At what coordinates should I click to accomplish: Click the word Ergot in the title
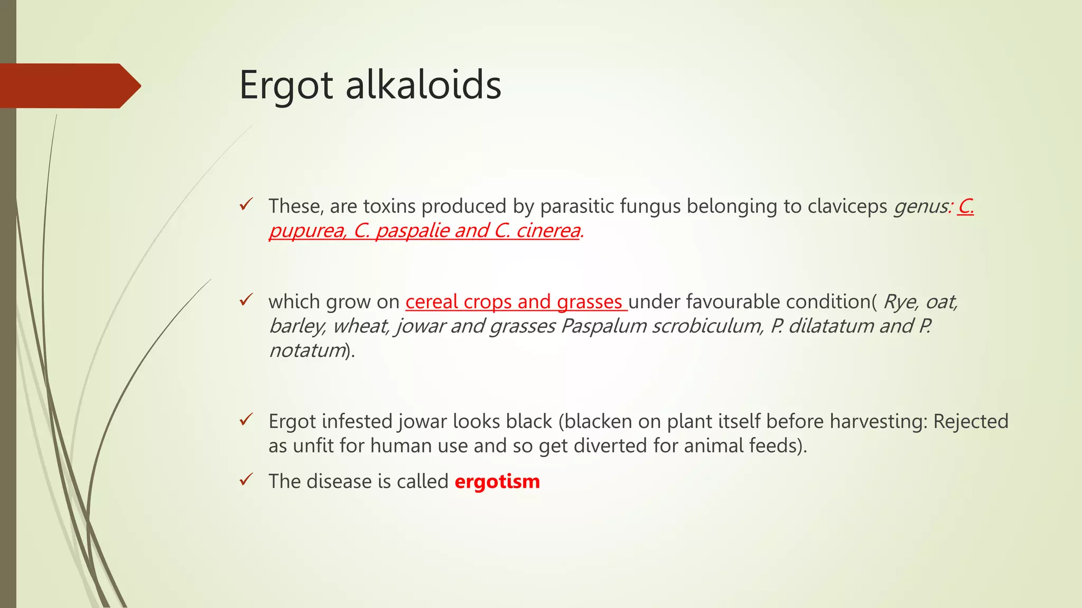click(x=286, y=85)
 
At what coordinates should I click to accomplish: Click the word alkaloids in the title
click(x=423, y=85)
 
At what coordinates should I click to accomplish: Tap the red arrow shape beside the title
click(x=69, y=86)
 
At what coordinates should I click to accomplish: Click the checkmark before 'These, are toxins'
click(x=246, y=204)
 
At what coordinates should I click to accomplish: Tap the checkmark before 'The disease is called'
click(x=246, y=480)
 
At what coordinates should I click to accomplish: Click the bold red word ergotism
click(x=497, y=481)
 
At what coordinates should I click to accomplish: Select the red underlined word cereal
click(x=432, y=302)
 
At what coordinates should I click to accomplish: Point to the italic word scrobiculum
click(x=707, y=326)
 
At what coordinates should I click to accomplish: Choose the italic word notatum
click(x=307, y=350)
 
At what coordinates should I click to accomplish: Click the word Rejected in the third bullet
click(x=971, y=422)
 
